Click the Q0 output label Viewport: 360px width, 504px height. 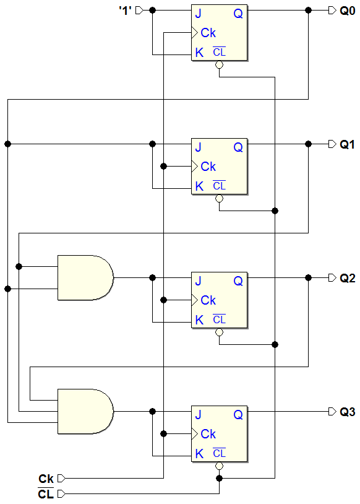(x=348, y=11)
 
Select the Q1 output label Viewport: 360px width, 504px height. (x=348, y=144)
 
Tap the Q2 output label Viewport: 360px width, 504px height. (x=348, y=278)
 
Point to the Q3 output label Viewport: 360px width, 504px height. (x=348, y=412)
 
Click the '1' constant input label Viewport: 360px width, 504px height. (x=125, y=11)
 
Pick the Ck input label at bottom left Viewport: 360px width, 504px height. (x=46, y=479)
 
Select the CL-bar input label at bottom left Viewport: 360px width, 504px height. (x=46, y=493)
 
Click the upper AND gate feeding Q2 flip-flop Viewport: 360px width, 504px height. (x=85, y=278)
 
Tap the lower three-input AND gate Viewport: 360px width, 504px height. (x=85, y=411)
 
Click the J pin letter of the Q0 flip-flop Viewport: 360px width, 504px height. (x=198, y=14)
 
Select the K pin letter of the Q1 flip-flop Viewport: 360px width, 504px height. (x=199, y=186)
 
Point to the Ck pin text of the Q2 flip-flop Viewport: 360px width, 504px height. (x=208, y=300)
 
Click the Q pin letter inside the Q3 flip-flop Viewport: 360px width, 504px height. (x=238, y=415)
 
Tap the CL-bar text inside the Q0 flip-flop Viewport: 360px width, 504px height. (x=220, y=52)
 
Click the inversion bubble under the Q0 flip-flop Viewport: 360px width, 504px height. (x=220, y=65)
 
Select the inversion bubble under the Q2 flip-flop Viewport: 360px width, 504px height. (x=220, y=332)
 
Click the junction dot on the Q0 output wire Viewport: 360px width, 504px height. (x=308, y=11)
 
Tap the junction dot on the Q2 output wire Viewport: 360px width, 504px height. (x=308, y=278)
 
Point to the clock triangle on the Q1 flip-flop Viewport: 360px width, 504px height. (x=195, y=166)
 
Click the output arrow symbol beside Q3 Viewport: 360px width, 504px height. (x=332, y=411)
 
